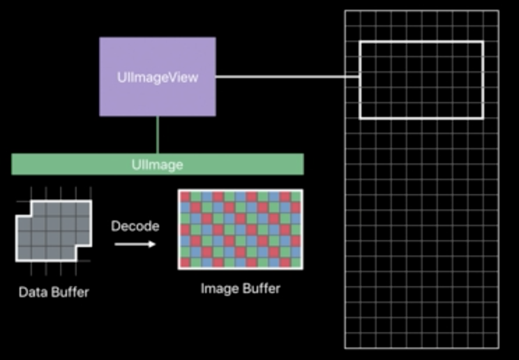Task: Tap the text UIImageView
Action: pyautogui.click(x=157, y=77)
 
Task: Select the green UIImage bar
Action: pyautogui.click(x=70, y=165)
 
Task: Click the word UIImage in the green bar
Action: pyautogui.click(x=157, y=165)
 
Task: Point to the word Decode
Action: pyautogui.click(x=135, y=226)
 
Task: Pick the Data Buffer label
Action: pyautogui.click(x=54, y=292)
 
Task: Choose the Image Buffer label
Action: pyautogui.click(x=241, y=287)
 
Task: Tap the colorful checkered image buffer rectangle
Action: pyautogui.click(x=241, y=230)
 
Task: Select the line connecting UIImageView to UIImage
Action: pyautogui.click(x=158, y=135)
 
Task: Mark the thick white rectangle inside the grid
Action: pyautogui.click(x=421, y=43)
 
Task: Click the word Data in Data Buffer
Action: pyautogui.click(x=32, y=292)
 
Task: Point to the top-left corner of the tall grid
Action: pyautogui.click(x=346, y=11)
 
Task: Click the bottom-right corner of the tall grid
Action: pyautogui.click(x=498, y=347)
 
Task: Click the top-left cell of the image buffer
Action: pyautogui.click(x=185, y=197)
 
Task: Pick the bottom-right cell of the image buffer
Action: pyautogui.click(x=296, y=263)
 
